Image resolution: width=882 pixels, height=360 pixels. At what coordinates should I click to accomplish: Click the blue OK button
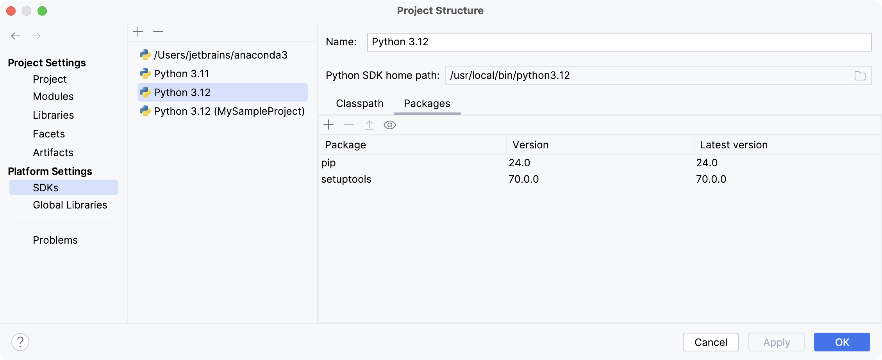[x=842, y=342]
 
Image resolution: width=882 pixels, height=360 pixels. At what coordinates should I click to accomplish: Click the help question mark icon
[x=20, y=342]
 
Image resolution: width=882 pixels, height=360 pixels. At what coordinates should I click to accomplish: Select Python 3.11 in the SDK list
[x=182, y=74]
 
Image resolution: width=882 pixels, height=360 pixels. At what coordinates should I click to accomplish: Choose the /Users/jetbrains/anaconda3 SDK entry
[x=220, y=55]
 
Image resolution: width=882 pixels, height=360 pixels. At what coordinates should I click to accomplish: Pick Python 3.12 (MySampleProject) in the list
[x=229, y=111]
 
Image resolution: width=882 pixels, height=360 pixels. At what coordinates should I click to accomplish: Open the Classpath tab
[x=359, y=103]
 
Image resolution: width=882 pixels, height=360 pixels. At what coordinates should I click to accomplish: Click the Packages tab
[x=427, y=103]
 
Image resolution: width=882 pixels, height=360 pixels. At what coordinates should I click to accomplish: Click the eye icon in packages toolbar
[x=389, y=125]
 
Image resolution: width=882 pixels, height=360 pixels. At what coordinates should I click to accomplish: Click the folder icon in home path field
[x=860, y=76]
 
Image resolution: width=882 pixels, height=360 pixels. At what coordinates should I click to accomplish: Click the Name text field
[x=619, y=42]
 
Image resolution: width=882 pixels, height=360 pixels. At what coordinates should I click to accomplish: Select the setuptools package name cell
[x=346, y=179]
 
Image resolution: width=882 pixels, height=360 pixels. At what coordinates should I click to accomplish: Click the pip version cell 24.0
[x=519, y=163]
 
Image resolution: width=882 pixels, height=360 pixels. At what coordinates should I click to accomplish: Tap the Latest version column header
[x=734, y=145]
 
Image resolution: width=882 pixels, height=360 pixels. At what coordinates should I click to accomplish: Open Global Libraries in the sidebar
[x=70, y=205]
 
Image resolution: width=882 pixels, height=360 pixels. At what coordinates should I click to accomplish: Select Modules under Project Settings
[x=53, y=96]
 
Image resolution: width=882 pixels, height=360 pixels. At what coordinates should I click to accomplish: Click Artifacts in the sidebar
[x=53, y=153]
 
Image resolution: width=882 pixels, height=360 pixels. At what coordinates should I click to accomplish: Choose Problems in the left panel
[x=55, y=240]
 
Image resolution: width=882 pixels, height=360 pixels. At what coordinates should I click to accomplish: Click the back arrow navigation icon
[x=16, y=36]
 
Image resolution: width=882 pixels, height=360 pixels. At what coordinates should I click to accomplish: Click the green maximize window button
[x=42, y=11]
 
